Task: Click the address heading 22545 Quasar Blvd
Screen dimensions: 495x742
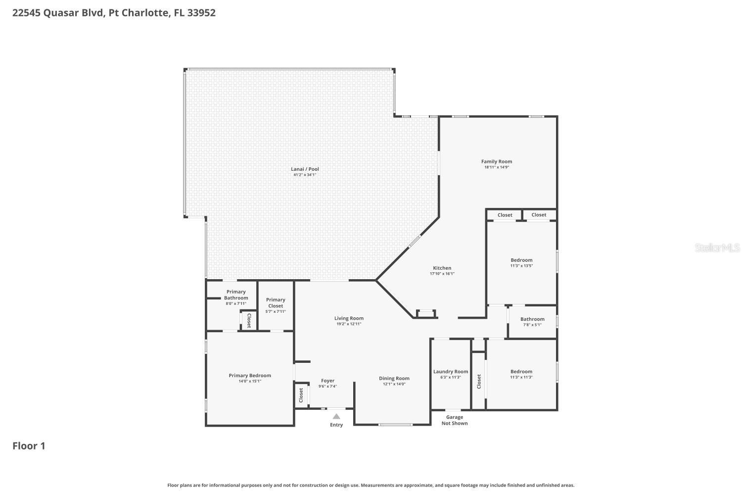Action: click(114, 13)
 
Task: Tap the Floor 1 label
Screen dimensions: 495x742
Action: click(29, 446)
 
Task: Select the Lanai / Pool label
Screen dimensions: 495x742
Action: click(305, 169)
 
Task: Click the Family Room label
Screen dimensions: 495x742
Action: click(497, 161)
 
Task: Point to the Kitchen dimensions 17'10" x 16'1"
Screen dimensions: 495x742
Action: click(442, 274)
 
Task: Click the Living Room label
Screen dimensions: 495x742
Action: click(349, 318)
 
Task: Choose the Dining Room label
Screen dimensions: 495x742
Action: click(394, 379)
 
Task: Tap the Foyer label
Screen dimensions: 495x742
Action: click(327, 381)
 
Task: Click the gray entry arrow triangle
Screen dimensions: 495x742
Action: click(336, 416)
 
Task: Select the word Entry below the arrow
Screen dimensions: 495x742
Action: click(336, 425)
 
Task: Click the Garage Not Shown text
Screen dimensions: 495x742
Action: click(455, 420)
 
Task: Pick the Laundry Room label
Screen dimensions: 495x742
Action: click(451, 372)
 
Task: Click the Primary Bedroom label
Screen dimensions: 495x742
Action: click(250, 376)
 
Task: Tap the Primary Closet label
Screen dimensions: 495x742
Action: click(276, 302)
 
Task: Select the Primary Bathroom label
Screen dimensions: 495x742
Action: click(236, 295)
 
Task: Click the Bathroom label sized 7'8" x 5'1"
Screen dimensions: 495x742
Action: click(532, 319)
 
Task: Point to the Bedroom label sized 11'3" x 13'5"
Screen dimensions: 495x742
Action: click(521, 260)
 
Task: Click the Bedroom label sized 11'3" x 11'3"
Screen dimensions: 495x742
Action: click(521, 372)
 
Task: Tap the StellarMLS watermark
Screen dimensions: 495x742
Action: click(717, 247)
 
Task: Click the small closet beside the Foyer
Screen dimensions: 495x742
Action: click(301, 395)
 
